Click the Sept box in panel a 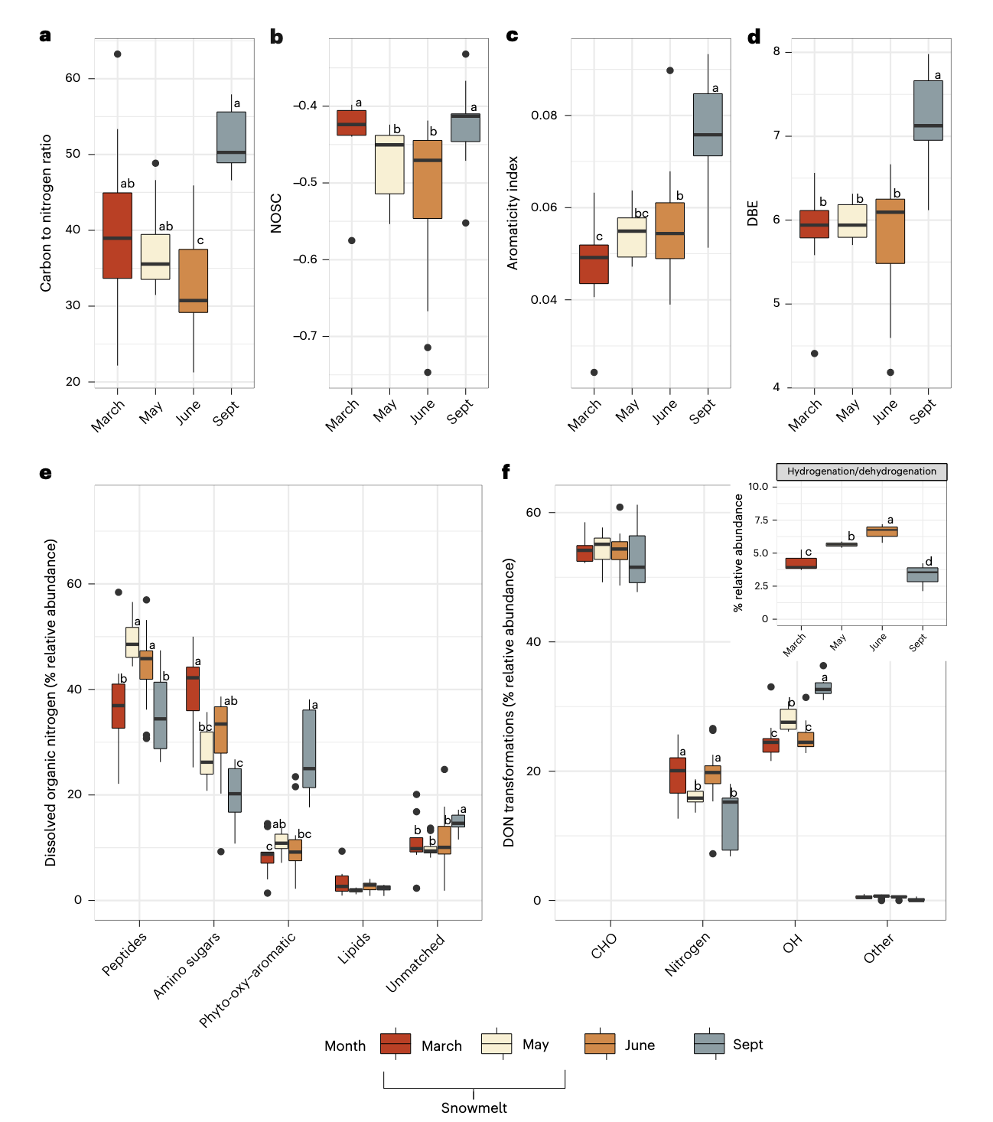[231, 137]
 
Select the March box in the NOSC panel [351, 122]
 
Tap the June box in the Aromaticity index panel [669, 230]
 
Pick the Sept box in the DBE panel [928, 110]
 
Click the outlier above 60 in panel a [117, 54]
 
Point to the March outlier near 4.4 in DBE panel [814, 354]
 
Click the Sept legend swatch [708, 1044]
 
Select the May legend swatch [496, 1044]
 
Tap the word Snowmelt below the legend [474, 1107]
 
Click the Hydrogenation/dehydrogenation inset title [861, 471]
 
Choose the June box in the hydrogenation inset [881, 531]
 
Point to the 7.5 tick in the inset [757, 520]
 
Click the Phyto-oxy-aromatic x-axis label [247, 980]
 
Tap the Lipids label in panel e [353, 948]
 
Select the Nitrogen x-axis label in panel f [686, 954]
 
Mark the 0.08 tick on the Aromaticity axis [544, 116]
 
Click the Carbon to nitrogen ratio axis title [46, 213]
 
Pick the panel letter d [754, 37]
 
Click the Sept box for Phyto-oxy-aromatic [309, 749]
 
